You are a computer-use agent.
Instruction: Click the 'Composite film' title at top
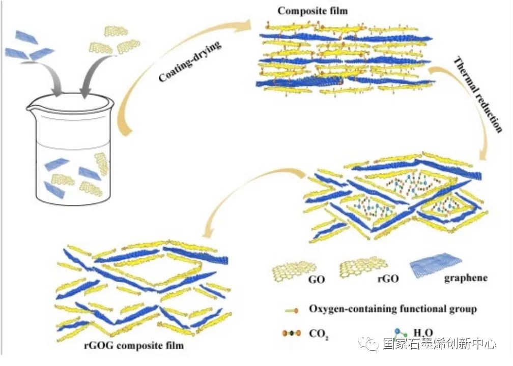[312, 11]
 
